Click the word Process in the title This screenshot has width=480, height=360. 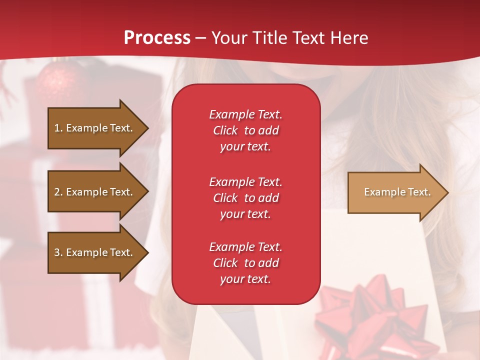tap(157, 38)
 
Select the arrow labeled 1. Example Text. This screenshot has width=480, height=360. tap(95, 128)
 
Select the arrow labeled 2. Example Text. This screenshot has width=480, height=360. tap(95, 192)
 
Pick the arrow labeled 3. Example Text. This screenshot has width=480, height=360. tap(95, 252)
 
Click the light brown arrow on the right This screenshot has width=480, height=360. tap(395, 192)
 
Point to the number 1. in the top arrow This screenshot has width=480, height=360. tap(58, 128)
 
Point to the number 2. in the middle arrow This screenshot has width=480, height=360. tap(58, 192)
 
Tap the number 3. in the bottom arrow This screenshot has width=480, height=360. tap(58, 252)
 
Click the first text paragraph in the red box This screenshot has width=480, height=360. tap(245, 130)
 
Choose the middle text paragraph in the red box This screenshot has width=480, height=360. tap(245, 198)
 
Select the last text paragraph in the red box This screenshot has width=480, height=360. tap(245, 263)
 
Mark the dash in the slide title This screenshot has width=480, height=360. tap(201, 38)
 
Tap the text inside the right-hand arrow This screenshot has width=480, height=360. tap(397, 192)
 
